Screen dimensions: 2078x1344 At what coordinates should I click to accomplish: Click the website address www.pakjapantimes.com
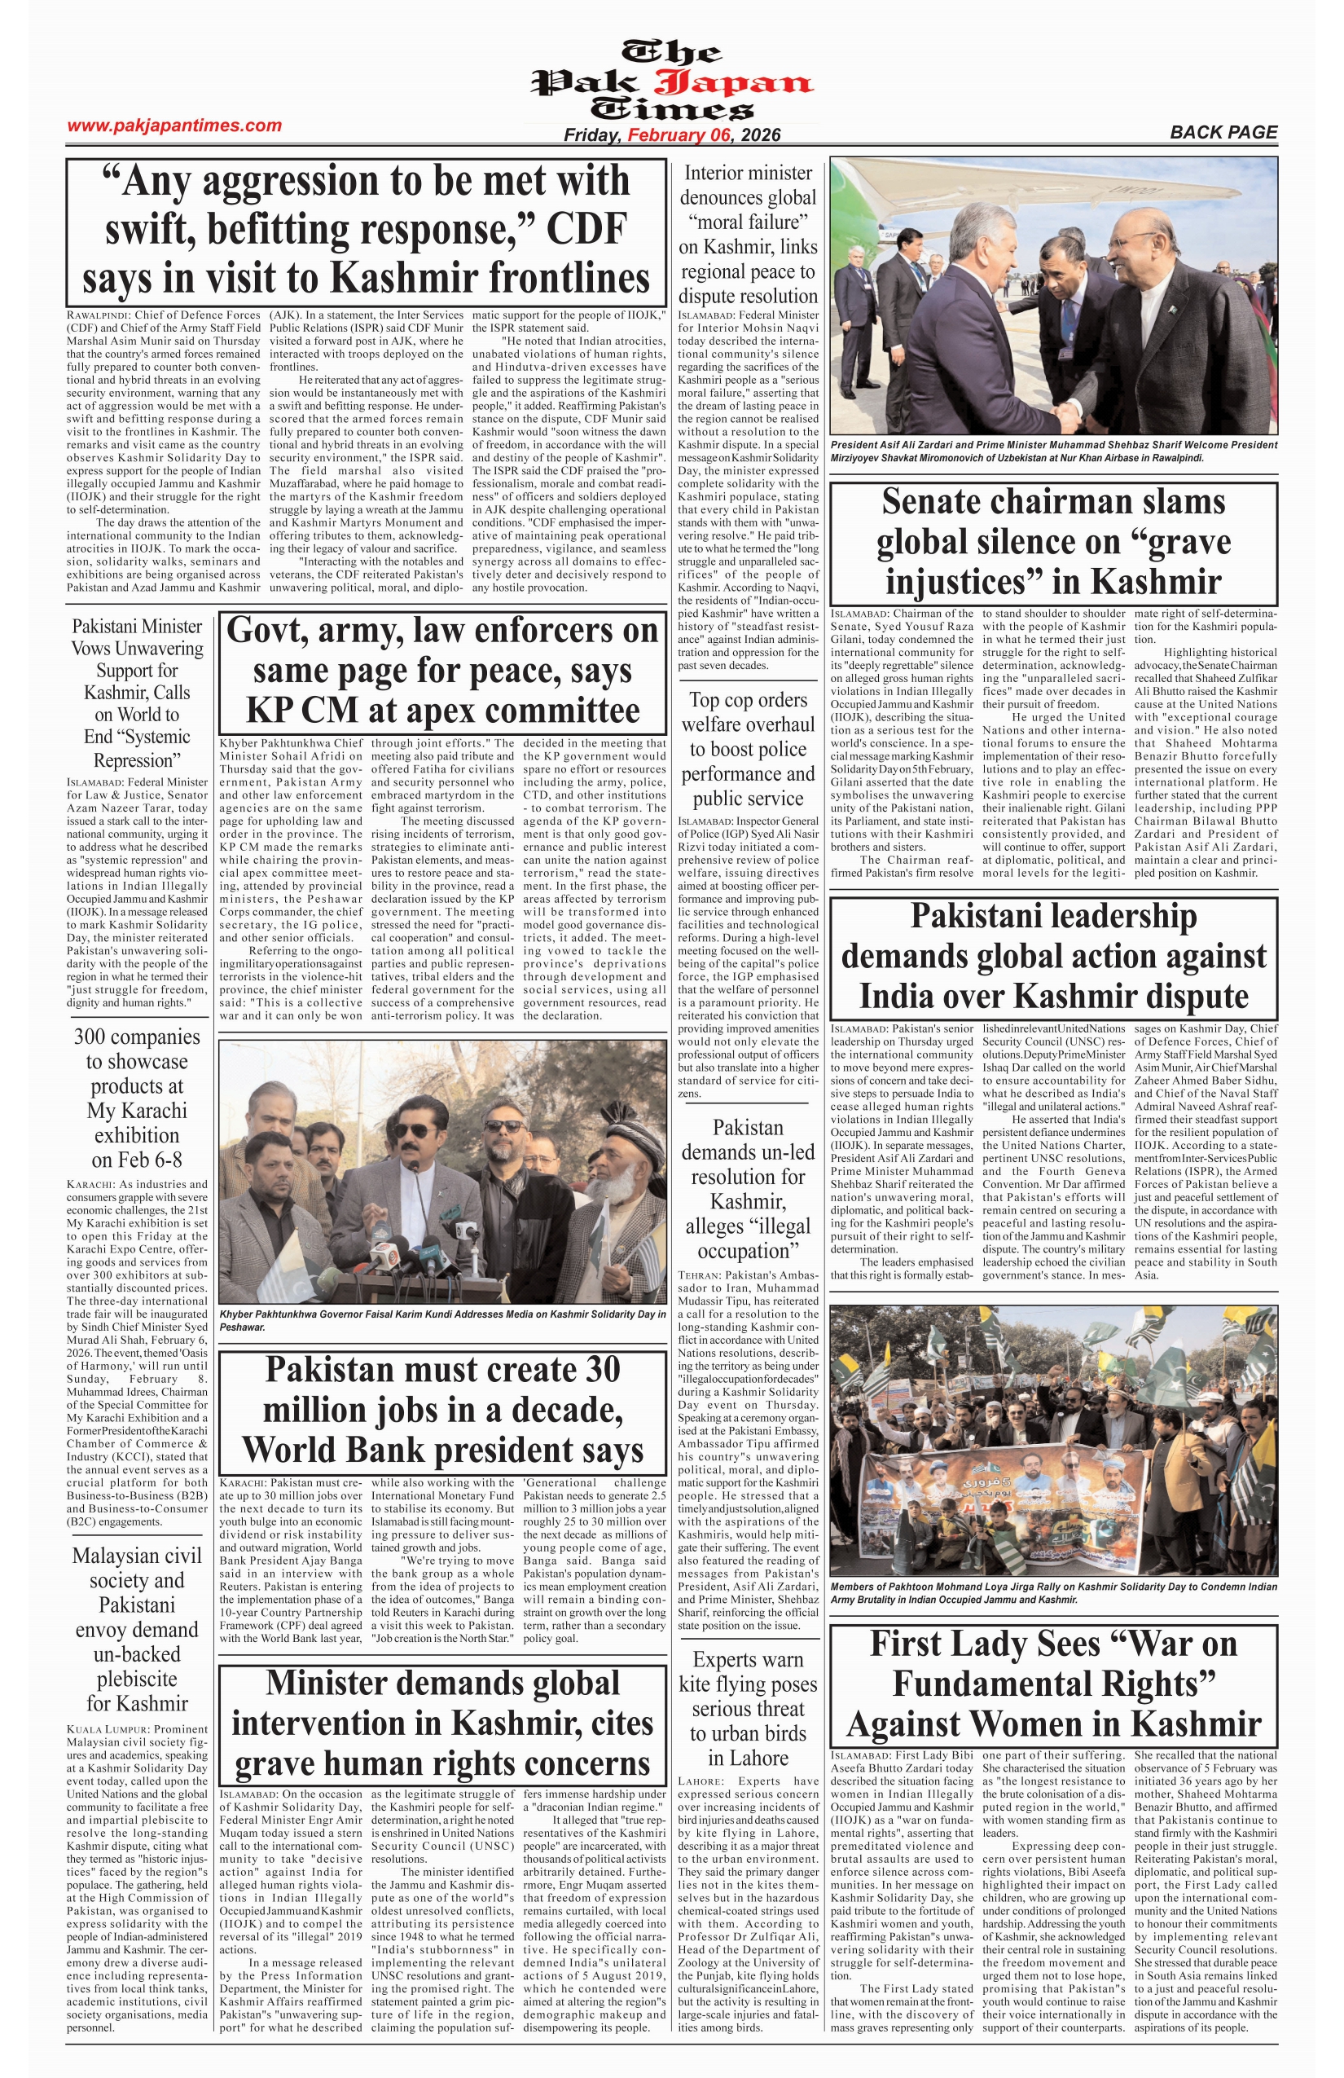coord(174,125)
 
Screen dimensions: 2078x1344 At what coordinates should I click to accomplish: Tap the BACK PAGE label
coord(1223,132)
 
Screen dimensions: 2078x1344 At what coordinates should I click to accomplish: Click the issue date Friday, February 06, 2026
coord(672,134)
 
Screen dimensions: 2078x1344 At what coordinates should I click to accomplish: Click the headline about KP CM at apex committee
coord(442,670)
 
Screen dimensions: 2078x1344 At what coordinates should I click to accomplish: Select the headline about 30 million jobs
coord(442,1409)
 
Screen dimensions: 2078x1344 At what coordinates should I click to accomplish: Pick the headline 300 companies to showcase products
coord(137,1098)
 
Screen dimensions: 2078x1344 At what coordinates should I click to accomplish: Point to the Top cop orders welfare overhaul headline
coord(748,748)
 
